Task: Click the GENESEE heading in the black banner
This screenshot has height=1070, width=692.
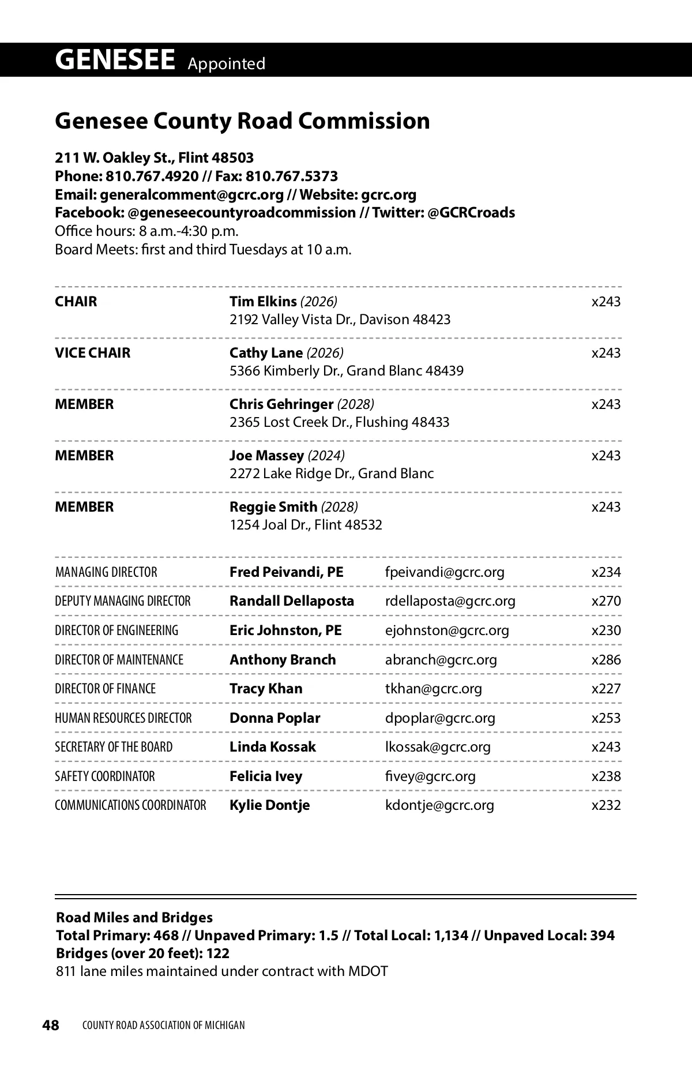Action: (x=115, y=60)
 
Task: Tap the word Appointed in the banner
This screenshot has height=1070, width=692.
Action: (x=226, y=63)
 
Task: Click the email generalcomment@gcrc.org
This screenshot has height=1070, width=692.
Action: (x=192, y=194)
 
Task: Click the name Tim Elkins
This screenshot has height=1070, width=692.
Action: (x=263, y=301)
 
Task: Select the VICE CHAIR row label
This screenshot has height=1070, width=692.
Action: (x=93, y=352)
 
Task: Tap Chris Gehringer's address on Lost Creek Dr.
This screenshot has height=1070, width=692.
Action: (x=339, y=422)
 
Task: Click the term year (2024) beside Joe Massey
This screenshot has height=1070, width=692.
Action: (x=326, y=455)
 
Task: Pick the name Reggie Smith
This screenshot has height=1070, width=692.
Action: (x=273, y=506)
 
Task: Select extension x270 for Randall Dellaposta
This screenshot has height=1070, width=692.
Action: (x=606, y=600)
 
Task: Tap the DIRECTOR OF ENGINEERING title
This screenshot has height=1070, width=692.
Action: (x=116, y=630)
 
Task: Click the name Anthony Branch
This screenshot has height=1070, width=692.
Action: (x=283, y=659)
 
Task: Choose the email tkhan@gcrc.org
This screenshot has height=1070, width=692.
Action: (x=433, y=688)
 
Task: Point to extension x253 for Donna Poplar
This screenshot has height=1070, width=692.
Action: (x=606, y=718)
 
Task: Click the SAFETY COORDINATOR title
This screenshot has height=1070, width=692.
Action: (x=105, y=776)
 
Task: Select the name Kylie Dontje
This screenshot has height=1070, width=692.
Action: (x=269, y=805)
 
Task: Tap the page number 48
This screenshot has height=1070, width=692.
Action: (x=51, y=1025)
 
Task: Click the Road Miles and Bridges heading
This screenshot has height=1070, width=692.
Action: (x=134, y=917)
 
